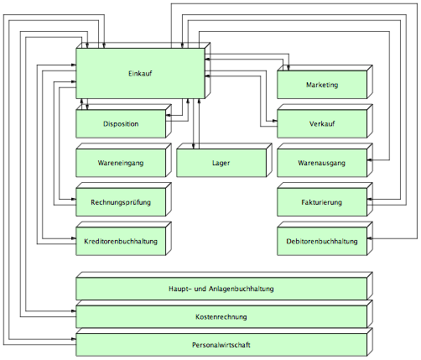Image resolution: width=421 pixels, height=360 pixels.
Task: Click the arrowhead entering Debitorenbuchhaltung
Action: click(x=370, y=238)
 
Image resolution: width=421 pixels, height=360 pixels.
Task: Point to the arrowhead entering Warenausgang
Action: click(x=370, y=160)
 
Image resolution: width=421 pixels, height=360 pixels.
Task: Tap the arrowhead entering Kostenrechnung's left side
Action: click(x=74, y=311)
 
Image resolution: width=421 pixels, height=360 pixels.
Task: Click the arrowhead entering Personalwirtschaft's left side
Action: click(x=74, y=339)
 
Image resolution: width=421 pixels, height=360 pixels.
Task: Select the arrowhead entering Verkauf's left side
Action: click(x=275, y=121)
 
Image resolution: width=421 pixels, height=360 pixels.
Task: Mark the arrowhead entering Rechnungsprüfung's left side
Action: click(x=74, y=199)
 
